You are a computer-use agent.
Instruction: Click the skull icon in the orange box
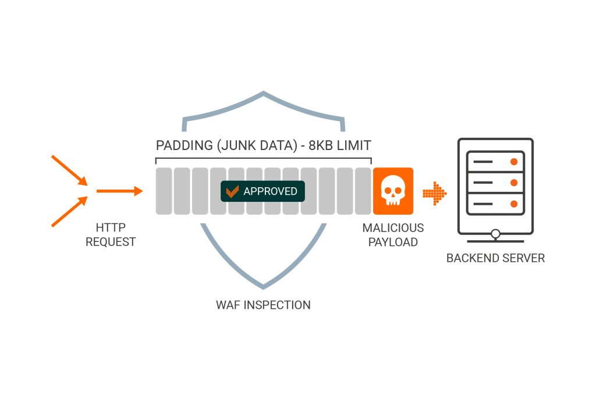click(393, 191)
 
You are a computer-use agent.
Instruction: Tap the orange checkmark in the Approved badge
click(232, 191)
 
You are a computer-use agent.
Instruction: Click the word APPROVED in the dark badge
click(270, 191)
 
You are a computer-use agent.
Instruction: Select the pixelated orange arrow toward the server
click(434, 193)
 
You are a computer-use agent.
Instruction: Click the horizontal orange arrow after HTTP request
click(120, 191)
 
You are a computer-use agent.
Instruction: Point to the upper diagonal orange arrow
click(70, 170)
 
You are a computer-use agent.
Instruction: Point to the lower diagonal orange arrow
click(70, 212)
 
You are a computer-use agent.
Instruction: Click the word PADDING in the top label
click(185, 145)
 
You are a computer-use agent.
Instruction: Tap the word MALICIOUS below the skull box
click(393, 228)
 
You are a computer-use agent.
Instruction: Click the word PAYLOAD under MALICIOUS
click(393, 242)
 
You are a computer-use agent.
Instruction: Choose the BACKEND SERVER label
click(496, 258)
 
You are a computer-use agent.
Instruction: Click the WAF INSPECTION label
click(264, 305)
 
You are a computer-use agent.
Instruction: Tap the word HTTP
click(111, 227)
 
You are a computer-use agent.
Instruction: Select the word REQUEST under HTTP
click(111, 242)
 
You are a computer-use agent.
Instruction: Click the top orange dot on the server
click(514, 162)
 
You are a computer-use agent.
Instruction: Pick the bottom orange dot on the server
click(514, 204)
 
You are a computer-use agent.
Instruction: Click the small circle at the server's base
click(496, 234)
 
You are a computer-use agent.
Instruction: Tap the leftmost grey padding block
click(164, 191)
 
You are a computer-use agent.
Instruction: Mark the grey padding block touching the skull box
click(363, 191)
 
